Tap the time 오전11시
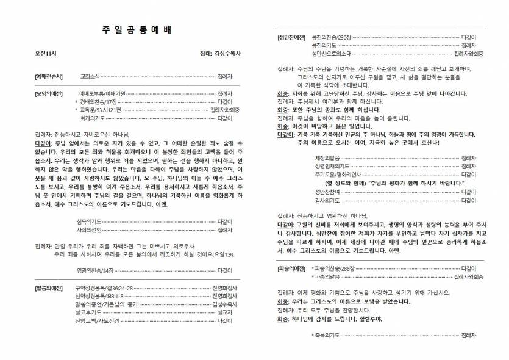(x=46, y=54)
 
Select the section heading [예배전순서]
(x=49, y=77)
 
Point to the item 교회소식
(x=90, y=77)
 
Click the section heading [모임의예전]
(x=49, y=93)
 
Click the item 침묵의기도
(x=90, y=221)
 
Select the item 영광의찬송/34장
(x=96, y=270)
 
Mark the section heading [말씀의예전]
(x=49, y=287)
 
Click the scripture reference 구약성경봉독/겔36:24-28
(x=104, y=287)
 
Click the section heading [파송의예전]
(x=291, y=268)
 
